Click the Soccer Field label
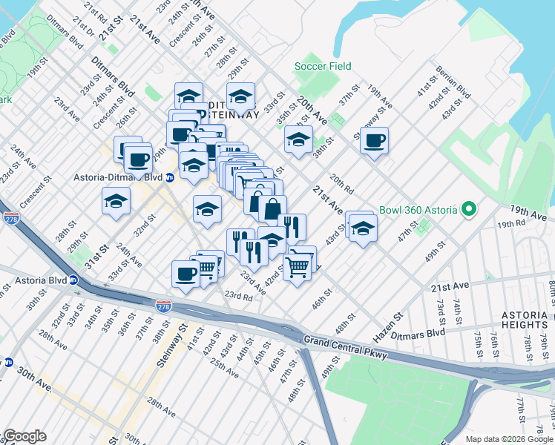pyautogui.click(x=323, y=66)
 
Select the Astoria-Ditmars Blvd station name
pyautogui.click(x=113, y=177)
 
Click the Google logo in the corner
pyautogui.click(x=24, y=436)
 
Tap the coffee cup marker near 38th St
pyautogui.click(x=375, y=139)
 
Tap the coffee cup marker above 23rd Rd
pyautogui.click(x=185, y=273)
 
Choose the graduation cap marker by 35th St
pyautogui.click(x=298, y=139)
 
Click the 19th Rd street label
pyautogui.click(x=511, y=223)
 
